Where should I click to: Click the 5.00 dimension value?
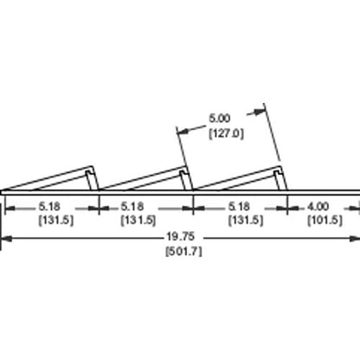[220, 119]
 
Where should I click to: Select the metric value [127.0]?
[226, 133]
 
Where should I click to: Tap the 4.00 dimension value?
[318, 207]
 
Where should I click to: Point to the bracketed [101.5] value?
[325, 221]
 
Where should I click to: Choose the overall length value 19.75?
[180, 237]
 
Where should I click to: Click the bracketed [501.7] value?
[183, 252]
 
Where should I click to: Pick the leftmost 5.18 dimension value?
[49, 207]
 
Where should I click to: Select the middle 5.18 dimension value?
[132, 207]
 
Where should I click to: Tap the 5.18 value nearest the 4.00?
[239, 207]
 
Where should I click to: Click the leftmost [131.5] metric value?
[56, 221]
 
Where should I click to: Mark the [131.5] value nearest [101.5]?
[246, 221]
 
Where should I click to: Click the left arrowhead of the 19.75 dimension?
[6, 238]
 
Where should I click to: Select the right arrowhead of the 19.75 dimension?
[355, 238]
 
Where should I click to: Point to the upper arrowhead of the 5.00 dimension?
[260, 112]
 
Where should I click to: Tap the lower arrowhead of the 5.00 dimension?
[183, 132]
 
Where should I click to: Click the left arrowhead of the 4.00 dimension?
[293, 208]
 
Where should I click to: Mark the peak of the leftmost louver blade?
[92, 166]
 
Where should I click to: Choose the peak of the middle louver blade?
[185, 166]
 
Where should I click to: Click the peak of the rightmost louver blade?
[281, 166]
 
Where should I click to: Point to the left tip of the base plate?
[1, 192]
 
